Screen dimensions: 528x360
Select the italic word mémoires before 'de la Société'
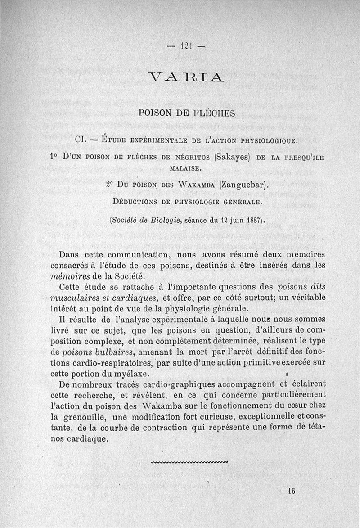70,275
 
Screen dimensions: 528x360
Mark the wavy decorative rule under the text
190,461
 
